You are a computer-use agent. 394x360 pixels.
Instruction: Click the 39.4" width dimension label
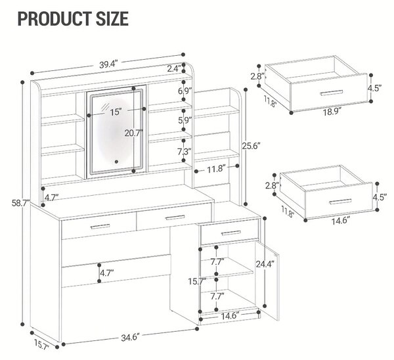[x=108, y=64]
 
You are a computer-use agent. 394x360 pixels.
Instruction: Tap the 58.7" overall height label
[x=20, y=203]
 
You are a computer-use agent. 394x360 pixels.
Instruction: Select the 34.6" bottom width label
[x=130, y=337]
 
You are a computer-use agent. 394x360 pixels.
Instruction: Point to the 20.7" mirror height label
[x=134, y=133]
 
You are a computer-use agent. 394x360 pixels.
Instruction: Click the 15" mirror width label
[x=116, y=112]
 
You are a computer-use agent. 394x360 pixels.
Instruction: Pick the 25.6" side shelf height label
[x=251, y=146]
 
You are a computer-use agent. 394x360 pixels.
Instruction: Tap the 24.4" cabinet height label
[x=265, y=264]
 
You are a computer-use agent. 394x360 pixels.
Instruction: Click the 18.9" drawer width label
[x=332, y=112]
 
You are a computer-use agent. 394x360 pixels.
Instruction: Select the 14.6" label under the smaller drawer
[x=340, y=221]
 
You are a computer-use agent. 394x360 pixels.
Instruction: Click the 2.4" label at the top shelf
[x=175, y=68]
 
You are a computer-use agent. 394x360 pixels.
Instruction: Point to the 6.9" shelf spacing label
[x=185, y=91]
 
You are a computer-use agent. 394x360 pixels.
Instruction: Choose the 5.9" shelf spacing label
[x=185, y=120]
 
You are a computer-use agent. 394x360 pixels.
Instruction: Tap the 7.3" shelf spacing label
[x=185, y=152]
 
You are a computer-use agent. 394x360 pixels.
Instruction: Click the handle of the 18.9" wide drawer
[x=332, y=93]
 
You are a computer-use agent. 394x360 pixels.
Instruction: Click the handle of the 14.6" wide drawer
[x=341, y=202]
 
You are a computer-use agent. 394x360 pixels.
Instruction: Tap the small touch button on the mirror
[x=116, y=162]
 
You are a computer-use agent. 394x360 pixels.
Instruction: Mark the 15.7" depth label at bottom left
[x=42, y=344]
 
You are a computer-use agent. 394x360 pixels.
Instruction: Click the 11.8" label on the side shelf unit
[x=216, y=169]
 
